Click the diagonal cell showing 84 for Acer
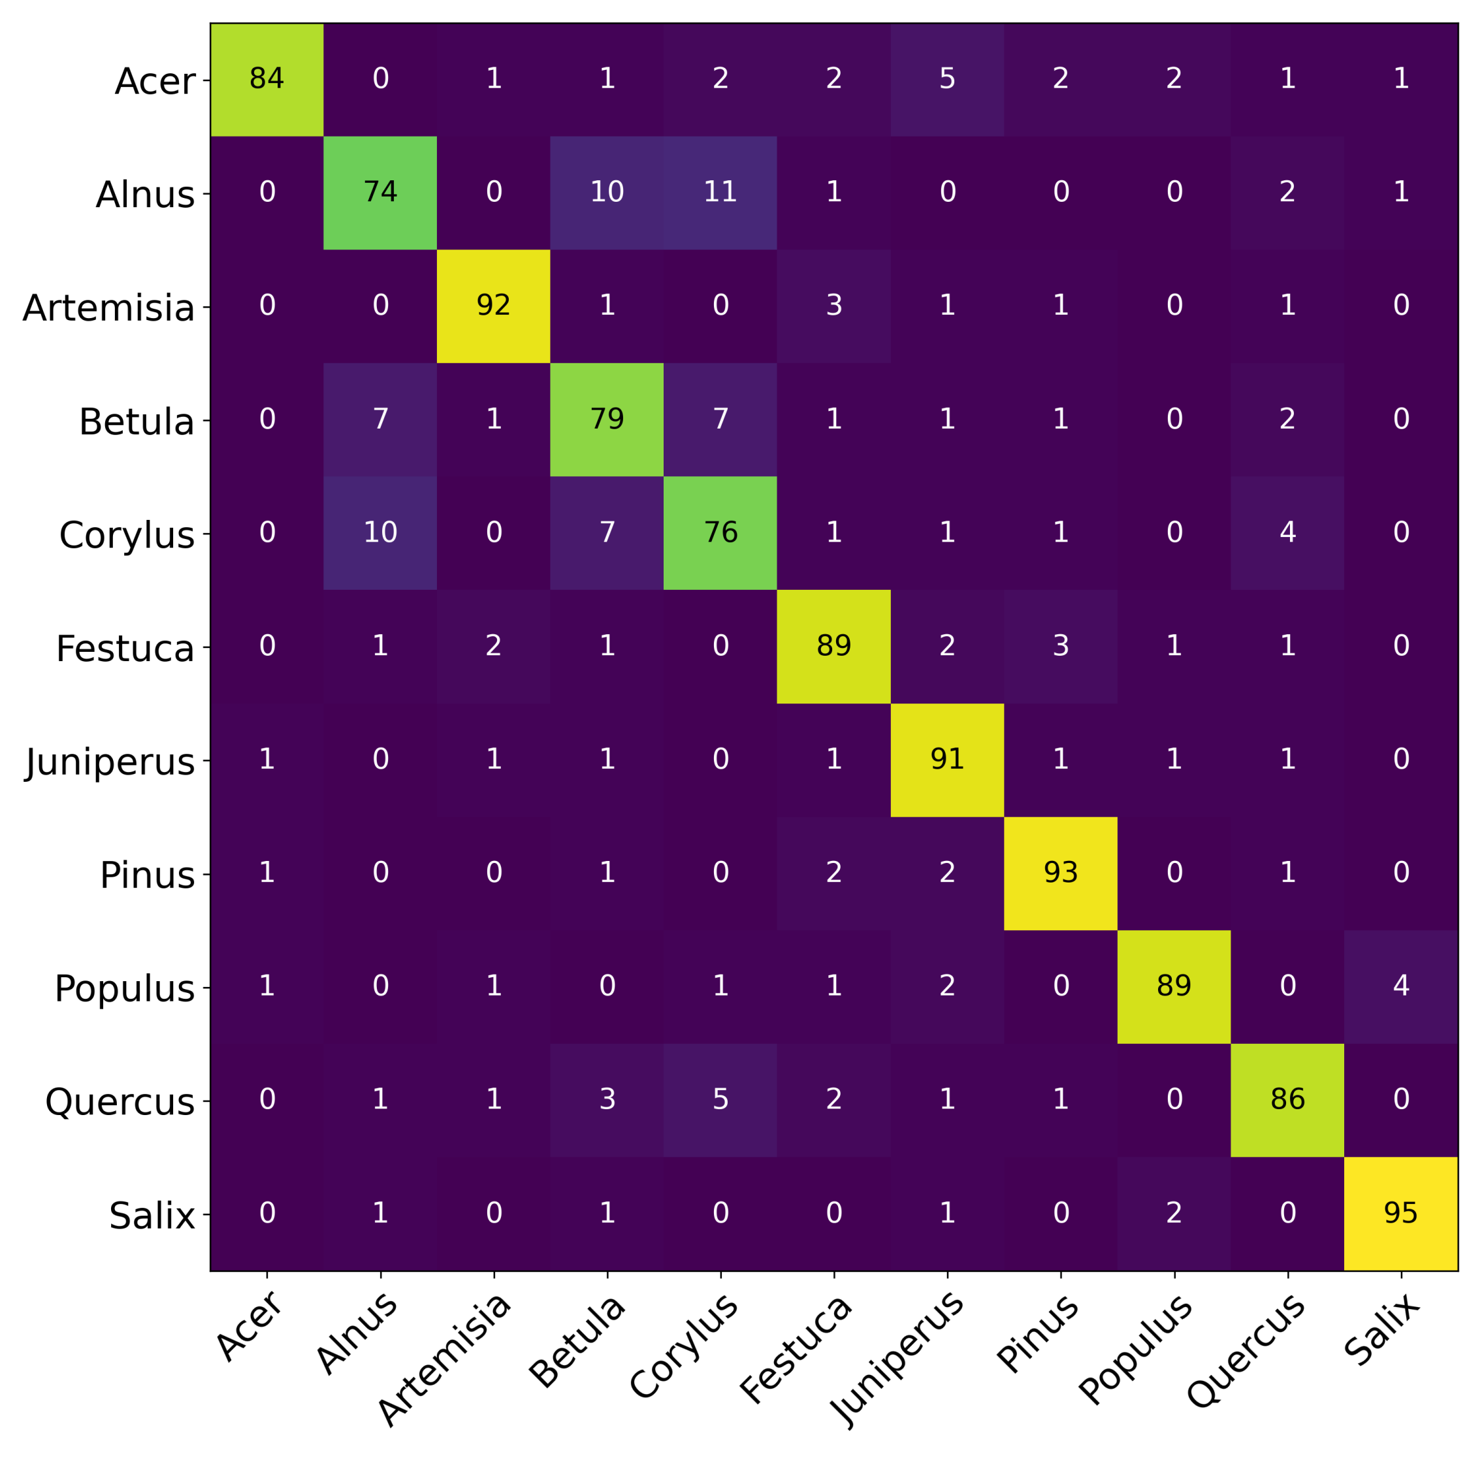(266, 79)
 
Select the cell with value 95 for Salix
(1400, 1214)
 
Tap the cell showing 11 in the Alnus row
(720, 192)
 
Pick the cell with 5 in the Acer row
(946, 79)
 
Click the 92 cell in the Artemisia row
(493, 306)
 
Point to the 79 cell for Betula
(606, 419)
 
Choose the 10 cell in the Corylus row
(379, 532)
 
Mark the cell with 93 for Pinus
(1060, 873)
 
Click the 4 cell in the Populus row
(1400, 986)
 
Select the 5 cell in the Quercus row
(720, 1099)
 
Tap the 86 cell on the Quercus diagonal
(1287, 1099)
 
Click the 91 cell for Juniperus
(946, 760)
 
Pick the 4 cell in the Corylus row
(1287, 532)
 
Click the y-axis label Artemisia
(108, 308)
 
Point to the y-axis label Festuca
(125, 649)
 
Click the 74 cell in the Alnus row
(379, 192)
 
